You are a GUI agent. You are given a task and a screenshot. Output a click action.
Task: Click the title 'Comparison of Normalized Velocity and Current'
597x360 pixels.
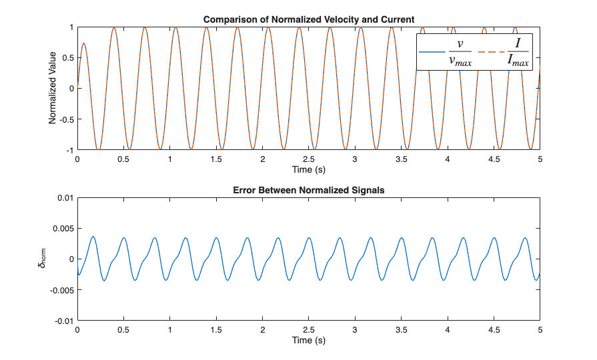click(308, 19)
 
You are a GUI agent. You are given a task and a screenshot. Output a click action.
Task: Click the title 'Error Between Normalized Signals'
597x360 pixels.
click(308, 191)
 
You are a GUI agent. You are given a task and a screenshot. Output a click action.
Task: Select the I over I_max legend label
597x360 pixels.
click(518, 52)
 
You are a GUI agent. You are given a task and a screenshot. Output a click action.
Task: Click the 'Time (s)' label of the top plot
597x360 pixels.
click(308, 169)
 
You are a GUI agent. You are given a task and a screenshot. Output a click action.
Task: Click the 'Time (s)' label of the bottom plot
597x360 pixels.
click(308, 340)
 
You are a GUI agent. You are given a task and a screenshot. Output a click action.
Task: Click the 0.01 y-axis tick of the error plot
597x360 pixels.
click(65, 198)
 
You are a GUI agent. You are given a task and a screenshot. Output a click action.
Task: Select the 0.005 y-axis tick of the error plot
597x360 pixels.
click(63, 229)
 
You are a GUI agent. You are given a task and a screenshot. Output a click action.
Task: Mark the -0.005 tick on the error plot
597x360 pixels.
click(62, 290)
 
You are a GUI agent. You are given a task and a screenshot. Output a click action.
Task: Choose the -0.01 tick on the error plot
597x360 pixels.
click(64, 321)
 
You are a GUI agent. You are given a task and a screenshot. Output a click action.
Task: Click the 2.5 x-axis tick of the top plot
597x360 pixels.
click(308, 159)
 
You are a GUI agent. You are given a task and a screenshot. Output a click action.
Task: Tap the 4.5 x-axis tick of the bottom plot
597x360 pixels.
click(494, 330)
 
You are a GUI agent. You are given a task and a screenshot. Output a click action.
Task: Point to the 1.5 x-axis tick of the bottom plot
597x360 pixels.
click(216, 330)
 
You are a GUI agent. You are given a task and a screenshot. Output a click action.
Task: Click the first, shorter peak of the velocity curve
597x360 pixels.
click(83, 43)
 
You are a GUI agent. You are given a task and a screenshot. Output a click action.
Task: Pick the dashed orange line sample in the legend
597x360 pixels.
click(492, 52)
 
